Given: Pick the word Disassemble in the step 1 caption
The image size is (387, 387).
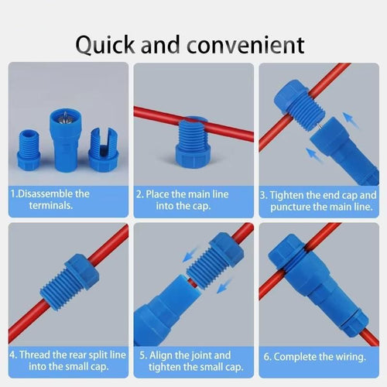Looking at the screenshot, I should coord(50,193).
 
